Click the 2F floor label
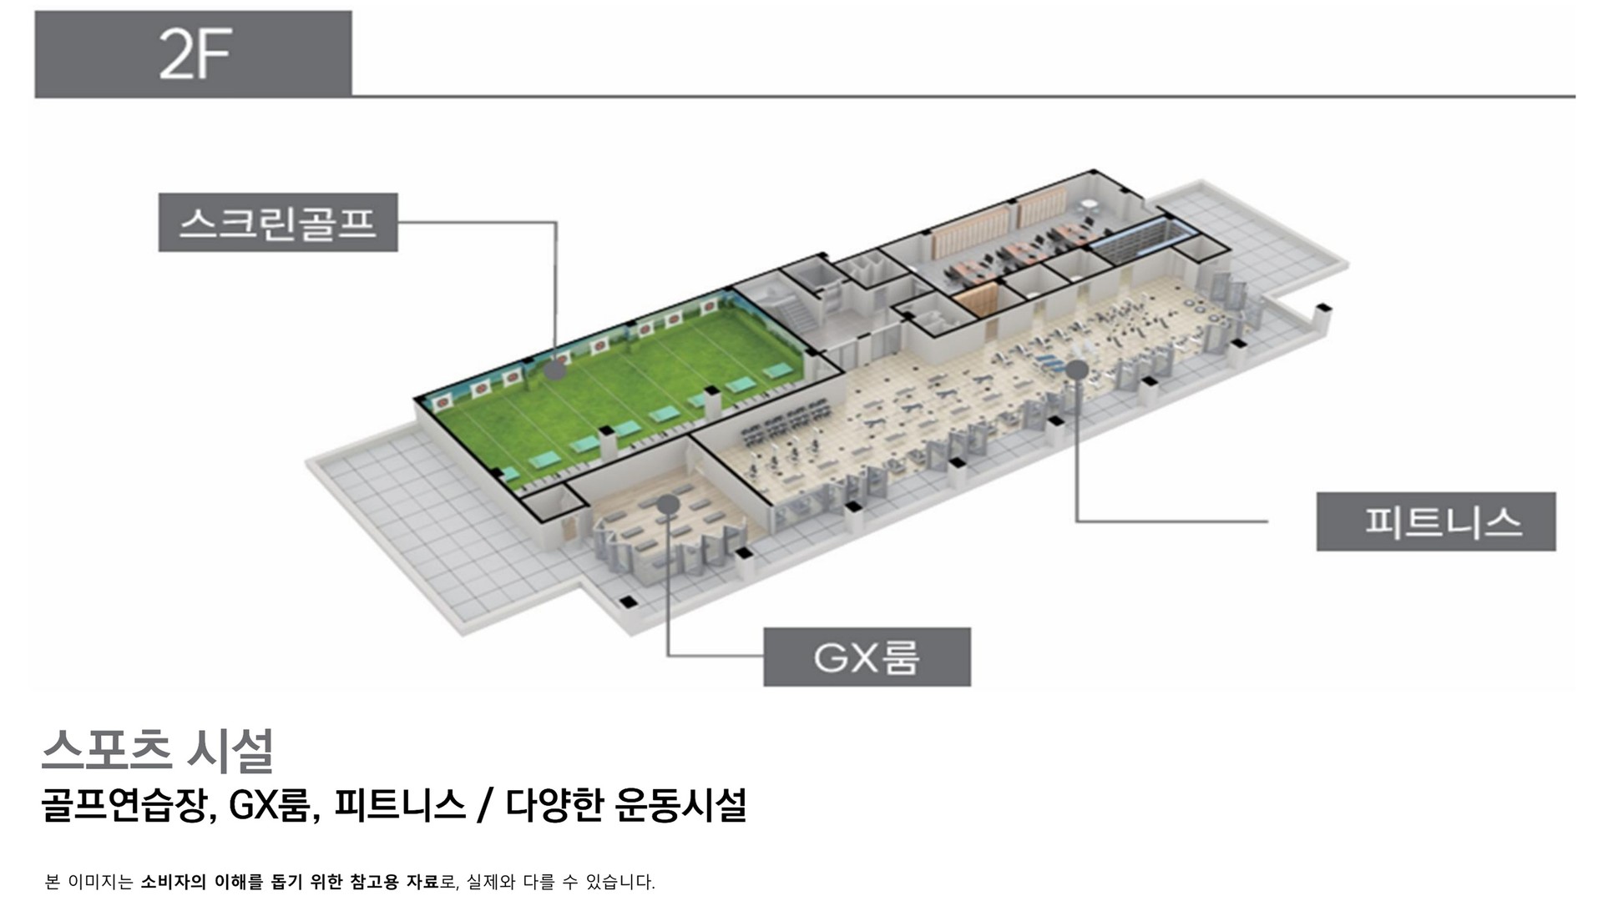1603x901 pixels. [194, 54]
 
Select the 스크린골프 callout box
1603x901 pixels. [278, 223]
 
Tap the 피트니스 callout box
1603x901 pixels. [1436, 521]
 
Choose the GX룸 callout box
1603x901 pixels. [867, 657]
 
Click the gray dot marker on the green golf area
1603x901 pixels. [555, 370]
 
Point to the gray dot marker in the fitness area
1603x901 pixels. [1077, 369]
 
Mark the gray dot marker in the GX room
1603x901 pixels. [667, 504]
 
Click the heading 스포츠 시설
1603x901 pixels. [158, 751]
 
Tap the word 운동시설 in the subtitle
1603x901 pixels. [680, 806]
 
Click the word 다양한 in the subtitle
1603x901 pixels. [554, 806]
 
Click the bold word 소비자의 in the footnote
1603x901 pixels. [173, 882]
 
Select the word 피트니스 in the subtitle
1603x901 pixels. [399, 806]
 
